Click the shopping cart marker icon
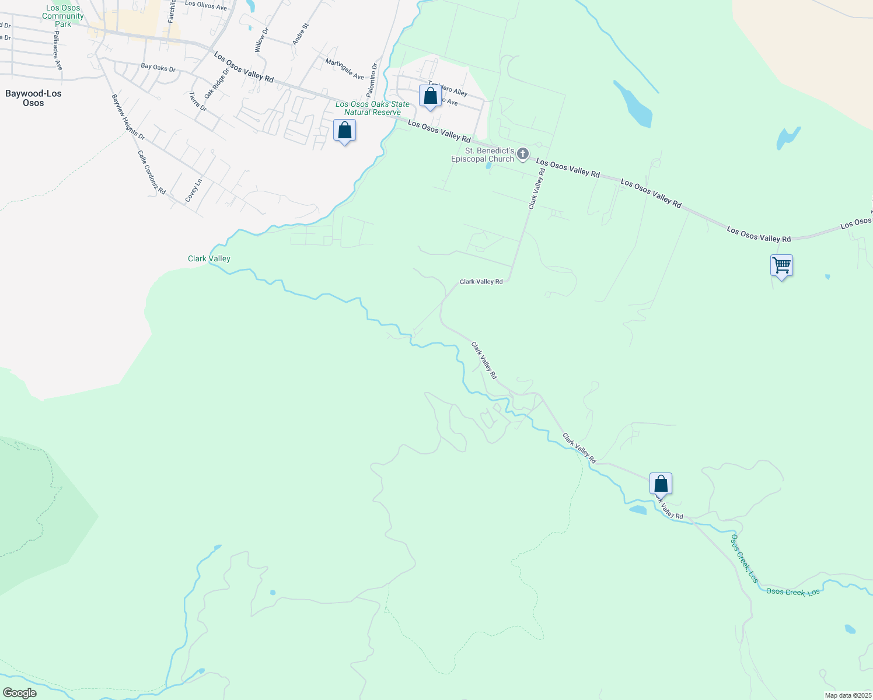click(x=781, y=265)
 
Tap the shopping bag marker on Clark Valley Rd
click(x=661, y=484)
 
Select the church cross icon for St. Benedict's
click(x=523, y=154)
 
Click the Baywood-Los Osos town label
click(x=33, y=98)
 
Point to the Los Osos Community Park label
click(x=62, y=16)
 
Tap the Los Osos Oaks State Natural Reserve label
click(x=372, y=108)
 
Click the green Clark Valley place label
click(x=209, y=258)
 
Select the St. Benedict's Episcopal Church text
click(x=483, y=155)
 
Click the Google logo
click(x=19, y=693)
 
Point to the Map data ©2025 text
click(x=847, y=695)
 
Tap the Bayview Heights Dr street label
click(x=128, y=117)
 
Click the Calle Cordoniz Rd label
click(x=152, y=172)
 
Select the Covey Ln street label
click(x=193, y=190)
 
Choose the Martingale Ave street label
click(x=344, y=69)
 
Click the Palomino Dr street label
click(x=372, y=80)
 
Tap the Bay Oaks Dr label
click(x=158, y=68)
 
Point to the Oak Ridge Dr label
click(x=216, y=83)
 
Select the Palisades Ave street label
click(x=57, y=51)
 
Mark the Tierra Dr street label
click(x=198, y=101)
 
